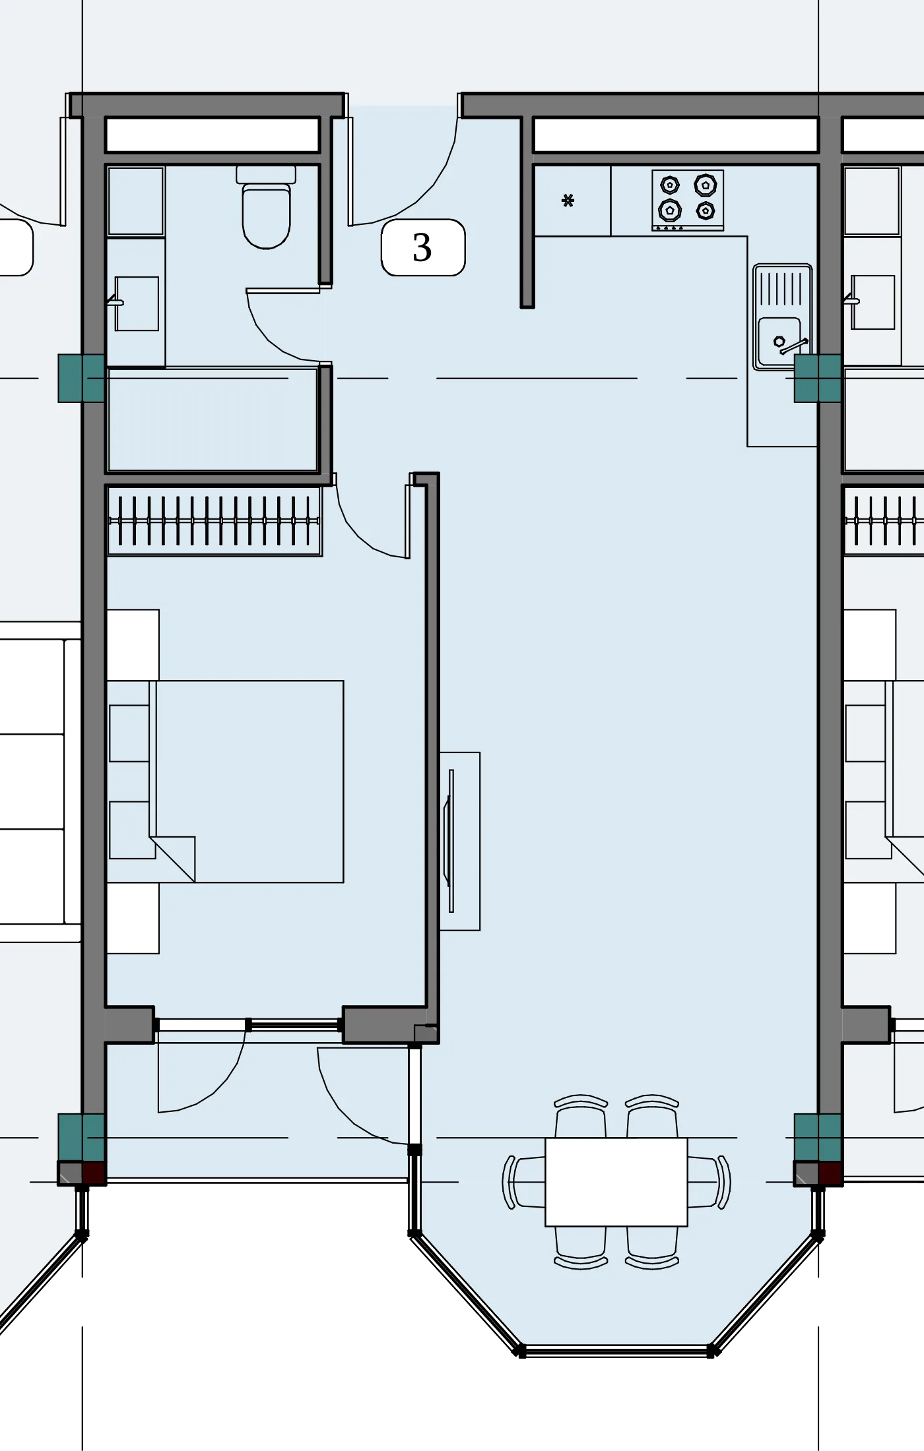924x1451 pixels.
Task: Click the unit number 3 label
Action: (x=422, y=247)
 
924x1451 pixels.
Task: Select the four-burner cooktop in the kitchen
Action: (x=688, y=200)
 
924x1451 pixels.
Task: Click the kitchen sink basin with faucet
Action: (x=782, y=316)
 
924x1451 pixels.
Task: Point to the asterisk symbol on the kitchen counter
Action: (x=568, y=201)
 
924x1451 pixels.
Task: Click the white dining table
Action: (x=616, y=1181)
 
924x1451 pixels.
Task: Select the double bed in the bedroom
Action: (x=225, y=782)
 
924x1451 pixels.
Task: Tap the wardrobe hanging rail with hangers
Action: (x=214, y=521)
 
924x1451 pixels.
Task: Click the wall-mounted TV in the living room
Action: (x=451, y=841)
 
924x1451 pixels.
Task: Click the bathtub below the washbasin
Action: (x=213, y=419)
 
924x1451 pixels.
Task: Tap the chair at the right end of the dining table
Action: (x=709, y=1182)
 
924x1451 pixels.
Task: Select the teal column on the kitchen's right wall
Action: (x=818, y=378)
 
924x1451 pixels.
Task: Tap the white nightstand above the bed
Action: (x=133, y=645)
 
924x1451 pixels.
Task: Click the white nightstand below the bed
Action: (x=133, y=918)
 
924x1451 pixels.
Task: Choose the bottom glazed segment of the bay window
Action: (x=616, y=1350)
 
